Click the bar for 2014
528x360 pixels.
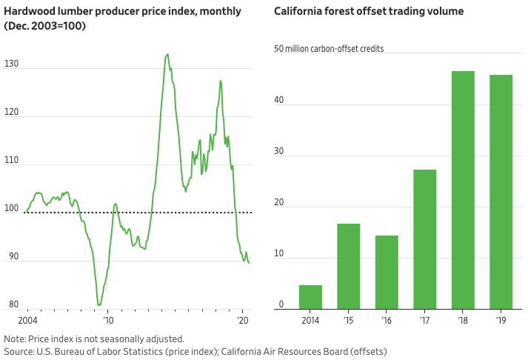pyautogui.click(x=310, y=296)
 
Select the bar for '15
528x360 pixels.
pyautogui.click(x=348, y=266)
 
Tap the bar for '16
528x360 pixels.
pyautogui.click(x=387, y=272)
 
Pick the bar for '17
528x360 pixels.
pyautogui.click(x=424, y=239)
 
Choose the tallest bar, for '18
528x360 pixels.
pyautogui.click(x=463, y=190)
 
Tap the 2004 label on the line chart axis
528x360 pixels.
pyautogui.click(x=27, y=321)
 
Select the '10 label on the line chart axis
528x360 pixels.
pyautogui.click(x=109, y=321)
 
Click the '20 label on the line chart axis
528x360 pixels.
pyautogui.click(x=242, y=321)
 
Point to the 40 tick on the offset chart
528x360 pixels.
pyautogui.click(x=279, y=104)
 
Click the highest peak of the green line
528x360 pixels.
pyautogui.click(x=167, y=54)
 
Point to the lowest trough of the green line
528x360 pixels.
pyautogui.click(x=98, y=304)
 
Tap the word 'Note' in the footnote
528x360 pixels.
pyautogui.click(x=15, y=339)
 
